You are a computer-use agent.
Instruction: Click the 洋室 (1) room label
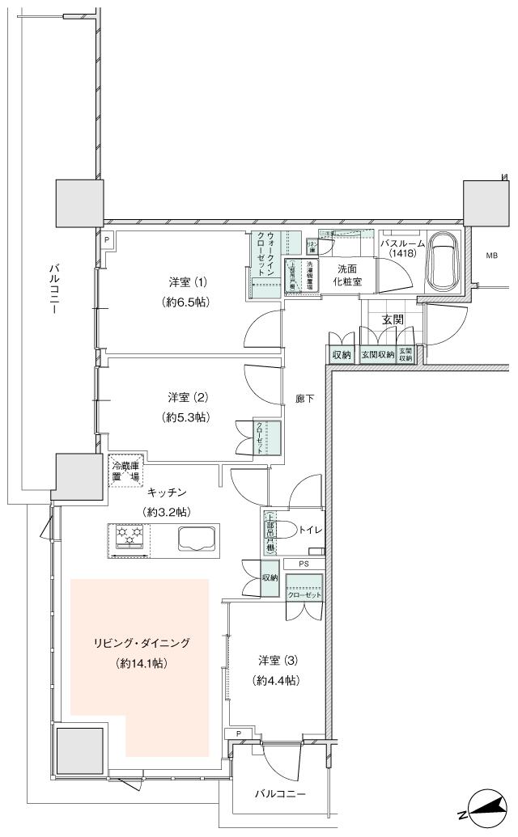188,282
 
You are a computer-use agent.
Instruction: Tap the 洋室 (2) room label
188,397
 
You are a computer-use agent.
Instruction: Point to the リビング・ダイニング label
140,644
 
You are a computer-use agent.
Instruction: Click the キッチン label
167,492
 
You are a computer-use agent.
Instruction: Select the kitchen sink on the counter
193,539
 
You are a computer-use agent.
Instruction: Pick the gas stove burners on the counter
129,539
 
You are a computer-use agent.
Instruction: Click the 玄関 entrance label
393,319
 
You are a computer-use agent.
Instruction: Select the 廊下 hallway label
304,399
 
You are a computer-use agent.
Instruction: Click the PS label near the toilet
304,564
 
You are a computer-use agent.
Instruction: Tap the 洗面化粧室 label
350,275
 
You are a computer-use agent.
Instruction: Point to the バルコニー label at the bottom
279,794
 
